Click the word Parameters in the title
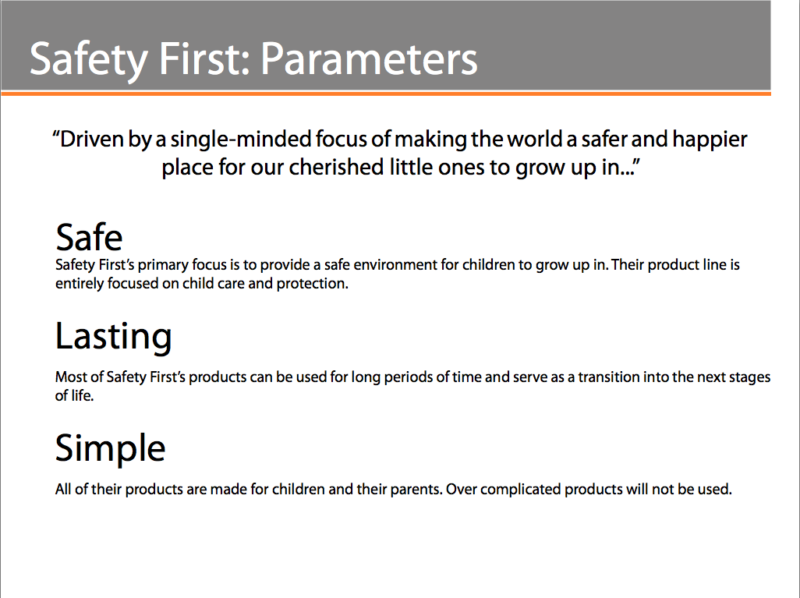click(x=369, y=58)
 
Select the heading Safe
click(x=89, y=237)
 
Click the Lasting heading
click(x=113, y=337)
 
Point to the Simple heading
click(x=110, y=448)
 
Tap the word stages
click(x=749, y=378)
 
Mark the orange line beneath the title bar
click(x=386, y=94)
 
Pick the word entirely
click(x=79, y=284)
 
